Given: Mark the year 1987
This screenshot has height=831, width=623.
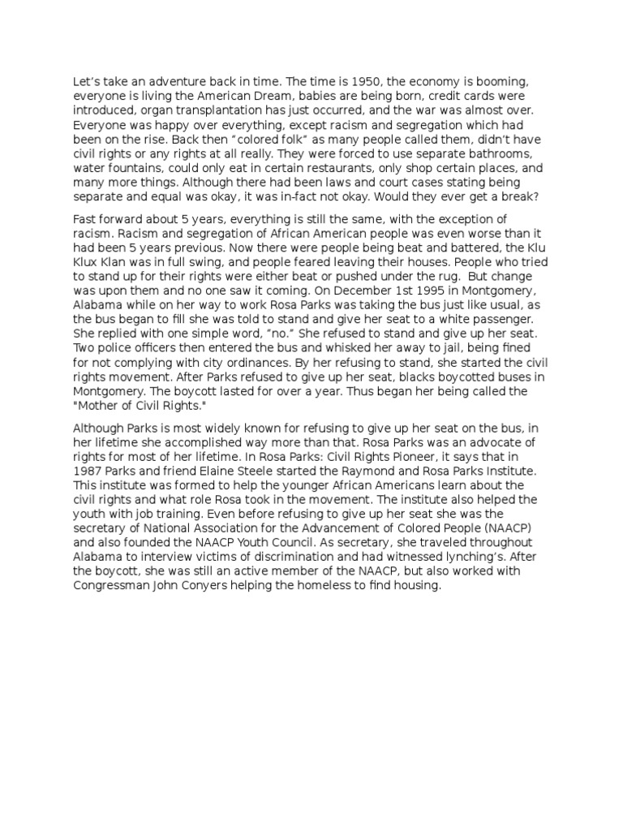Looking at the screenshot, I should click(x=88, y=471).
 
